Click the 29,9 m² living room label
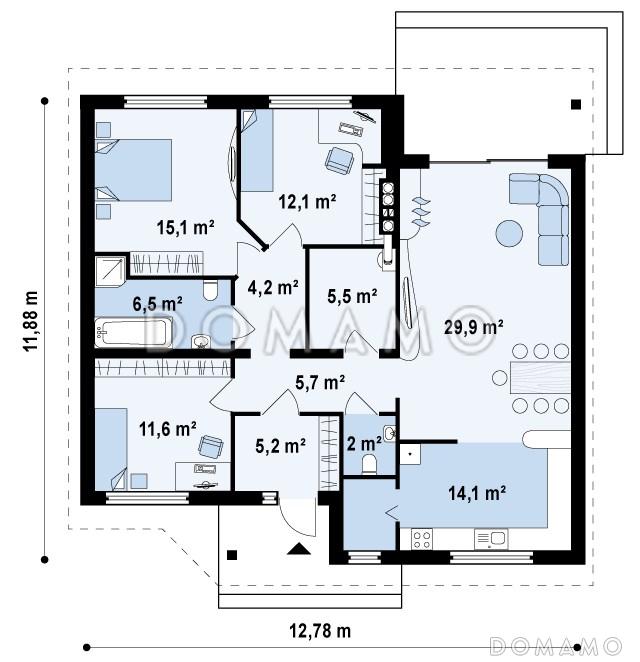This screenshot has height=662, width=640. (473, 327)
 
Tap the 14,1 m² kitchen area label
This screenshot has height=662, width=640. (477, 493)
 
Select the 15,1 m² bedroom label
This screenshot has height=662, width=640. (185, 228)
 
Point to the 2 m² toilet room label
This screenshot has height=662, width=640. (364, 444)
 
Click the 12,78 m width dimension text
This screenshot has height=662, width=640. (320, 631)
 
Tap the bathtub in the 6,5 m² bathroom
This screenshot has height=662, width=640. (133, 333)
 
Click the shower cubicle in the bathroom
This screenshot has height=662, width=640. (110, 271)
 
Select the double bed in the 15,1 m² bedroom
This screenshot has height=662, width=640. (133, 170)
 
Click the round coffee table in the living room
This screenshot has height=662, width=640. (509, 233)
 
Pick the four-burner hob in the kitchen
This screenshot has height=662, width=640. (422, 540)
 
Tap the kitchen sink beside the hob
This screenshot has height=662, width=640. (491, 539)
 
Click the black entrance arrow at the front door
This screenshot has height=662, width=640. (299, 548)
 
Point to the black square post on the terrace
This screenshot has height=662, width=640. (576, 104)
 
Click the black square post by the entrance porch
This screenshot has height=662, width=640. (232, 555)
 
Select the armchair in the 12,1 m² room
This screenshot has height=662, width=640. (339, 160)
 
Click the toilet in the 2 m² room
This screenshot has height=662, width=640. (369, 464)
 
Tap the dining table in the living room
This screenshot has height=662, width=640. (540, 378)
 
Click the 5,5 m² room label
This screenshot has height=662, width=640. (352, 296)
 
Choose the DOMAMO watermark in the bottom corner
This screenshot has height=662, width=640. (556, 646)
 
